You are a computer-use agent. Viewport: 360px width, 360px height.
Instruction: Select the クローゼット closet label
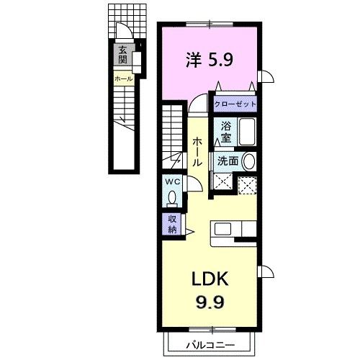(x=235, y=104)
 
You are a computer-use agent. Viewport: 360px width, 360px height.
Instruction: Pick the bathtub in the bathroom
(x=247, y=133)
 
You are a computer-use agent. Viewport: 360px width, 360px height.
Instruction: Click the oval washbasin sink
(x=249, y=162)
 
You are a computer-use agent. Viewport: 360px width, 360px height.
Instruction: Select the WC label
(x=173, y=181)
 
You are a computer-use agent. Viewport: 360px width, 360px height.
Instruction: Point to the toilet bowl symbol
(x=173, y=196)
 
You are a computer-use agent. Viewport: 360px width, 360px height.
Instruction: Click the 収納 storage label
(x=173, y=224)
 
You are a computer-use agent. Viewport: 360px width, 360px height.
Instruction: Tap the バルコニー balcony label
(x=211, y=344)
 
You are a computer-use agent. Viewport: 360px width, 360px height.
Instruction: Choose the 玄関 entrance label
(x=123, y=55)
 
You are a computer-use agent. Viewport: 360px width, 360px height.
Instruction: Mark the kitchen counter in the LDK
(x=234, y=229)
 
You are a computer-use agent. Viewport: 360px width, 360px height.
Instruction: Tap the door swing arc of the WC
(x=193, y=184)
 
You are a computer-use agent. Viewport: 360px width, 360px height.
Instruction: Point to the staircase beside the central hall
(x=172, y=137)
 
